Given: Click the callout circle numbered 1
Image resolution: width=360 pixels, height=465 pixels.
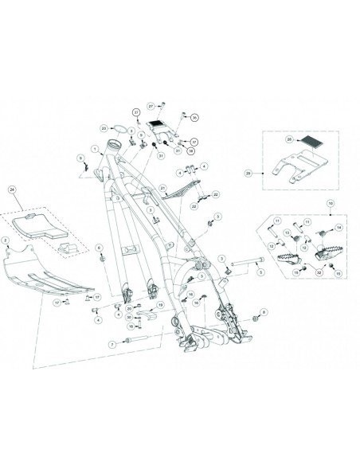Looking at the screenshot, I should point(94,149).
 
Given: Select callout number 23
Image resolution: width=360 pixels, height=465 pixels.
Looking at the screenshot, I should point(104,127).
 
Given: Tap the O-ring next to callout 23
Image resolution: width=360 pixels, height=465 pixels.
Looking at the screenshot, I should point(116,127).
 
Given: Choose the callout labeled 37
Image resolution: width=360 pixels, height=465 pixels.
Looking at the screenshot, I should point(194,139).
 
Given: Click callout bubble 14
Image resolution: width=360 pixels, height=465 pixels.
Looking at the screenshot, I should point(337,228).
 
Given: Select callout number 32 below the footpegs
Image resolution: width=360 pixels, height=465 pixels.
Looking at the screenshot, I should point(319,272).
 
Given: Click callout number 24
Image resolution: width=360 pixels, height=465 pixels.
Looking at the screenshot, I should point(11,189).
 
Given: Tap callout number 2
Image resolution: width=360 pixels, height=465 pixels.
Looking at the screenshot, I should point(6,240).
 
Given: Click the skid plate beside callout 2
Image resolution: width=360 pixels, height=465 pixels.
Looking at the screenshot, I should point(48,275).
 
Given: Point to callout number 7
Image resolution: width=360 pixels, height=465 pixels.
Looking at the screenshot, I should point(114,344).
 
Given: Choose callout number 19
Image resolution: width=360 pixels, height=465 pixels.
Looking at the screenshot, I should point(160,305).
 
